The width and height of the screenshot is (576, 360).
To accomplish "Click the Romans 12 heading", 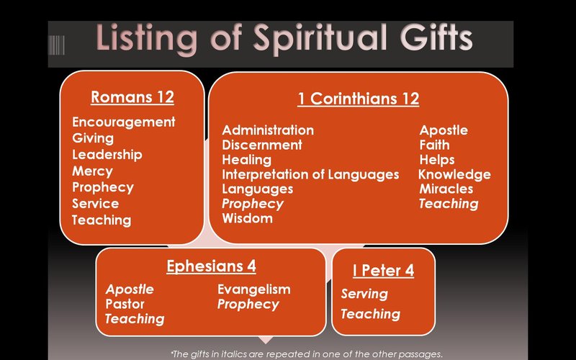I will click(132, 96).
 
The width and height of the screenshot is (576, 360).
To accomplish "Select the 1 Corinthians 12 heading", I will click(358, 99).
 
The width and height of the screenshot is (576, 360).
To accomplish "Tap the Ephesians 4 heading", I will click(211, 266).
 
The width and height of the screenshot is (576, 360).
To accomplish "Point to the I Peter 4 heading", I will click(383, 271).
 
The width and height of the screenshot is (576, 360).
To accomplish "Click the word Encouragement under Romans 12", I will click(123, 122).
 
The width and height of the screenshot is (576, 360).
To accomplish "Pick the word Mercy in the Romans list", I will click(92, 171).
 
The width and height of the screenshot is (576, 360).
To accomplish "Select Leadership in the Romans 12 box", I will click(107, 155).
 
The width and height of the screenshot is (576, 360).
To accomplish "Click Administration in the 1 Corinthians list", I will click(267, 130).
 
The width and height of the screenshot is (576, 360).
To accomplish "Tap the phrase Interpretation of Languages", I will click(310, 174).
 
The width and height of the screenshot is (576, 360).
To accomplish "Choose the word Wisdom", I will click(247, 218).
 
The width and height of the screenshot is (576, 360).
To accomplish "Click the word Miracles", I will click(446, 189).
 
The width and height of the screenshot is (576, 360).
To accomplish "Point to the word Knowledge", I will click(454, 174).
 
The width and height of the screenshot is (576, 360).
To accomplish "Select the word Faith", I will click(434, 145).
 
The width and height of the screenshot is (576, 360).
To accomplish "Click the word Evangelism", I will click(253, 289).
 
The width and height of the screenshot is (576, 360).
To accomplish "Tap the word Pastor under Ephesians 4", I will click(125, 304).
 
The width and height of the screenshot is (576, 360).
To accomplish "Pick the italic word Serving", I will click(364, 294).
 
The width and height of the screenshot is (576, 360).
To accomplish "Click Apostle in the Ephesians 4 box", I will click(130, 289).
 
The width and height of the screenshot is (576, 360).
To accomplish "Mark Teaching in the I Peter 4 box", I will click(370, 314).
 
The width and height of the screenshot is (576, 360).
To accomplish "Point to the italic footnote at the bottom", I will click(305, 354).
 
